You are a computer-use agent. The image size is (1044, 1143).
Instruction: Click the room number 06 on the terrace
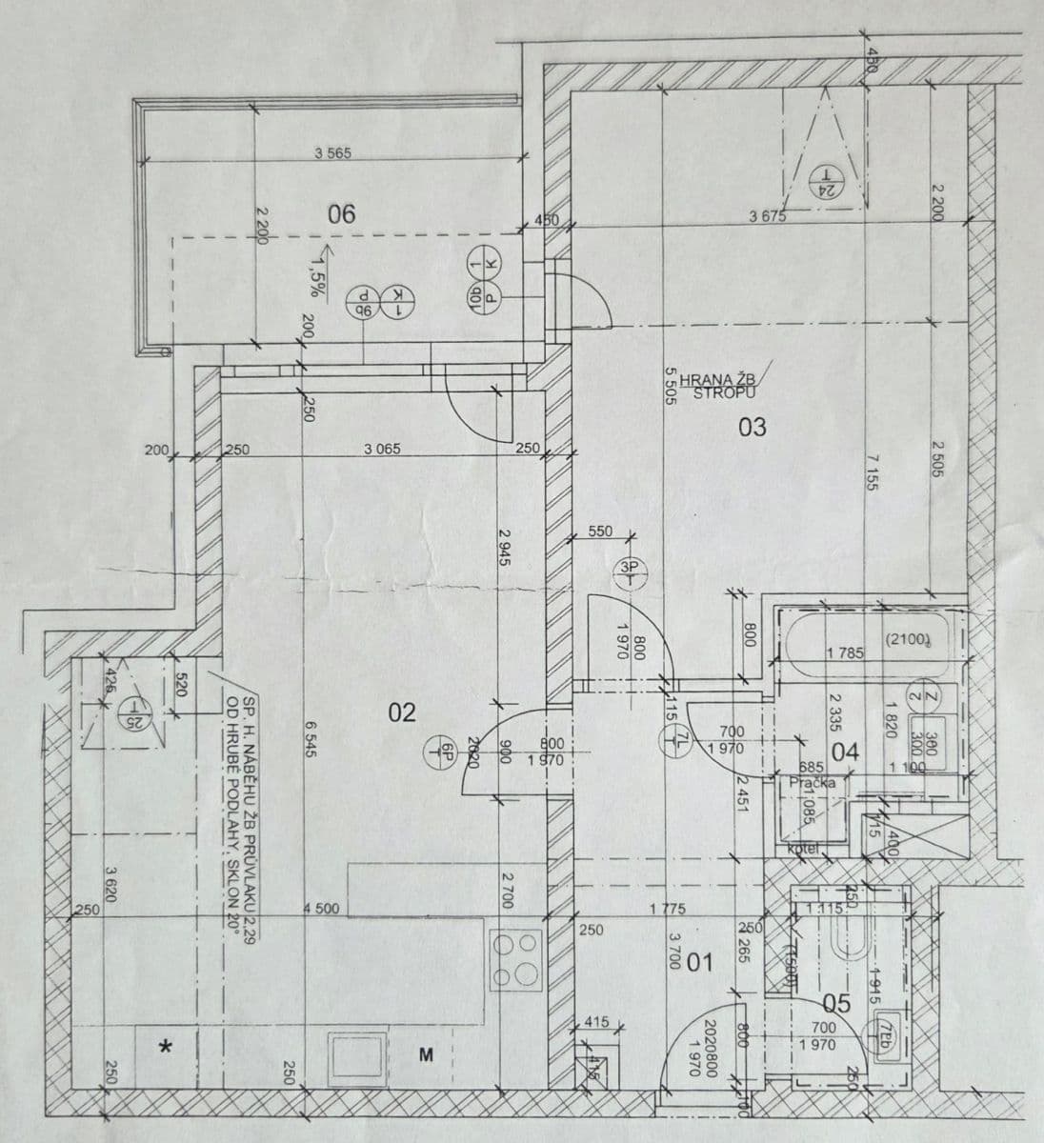(341, 213)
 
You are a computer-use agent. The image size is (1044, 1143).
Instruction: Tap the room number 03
(752, 427)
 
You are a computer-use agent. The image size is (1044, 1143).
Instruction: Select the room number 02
(403, 712)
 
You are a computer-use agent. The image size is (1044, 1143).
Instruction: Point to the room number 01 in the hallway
(699, 963)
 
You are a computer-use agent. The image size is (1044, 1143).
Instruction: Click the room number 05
(835, 1003)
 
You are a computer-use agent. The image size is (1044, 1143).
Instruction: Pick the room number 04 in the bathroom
(845, 752)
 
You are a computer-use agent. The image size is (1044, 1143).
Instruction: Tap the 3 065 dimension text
(382, 450)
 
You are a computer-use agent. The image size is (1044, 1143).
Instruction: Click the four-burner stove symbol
(515, 959)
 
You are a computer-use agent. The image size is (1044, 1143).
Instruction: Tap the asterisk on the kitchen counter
(166, 1049)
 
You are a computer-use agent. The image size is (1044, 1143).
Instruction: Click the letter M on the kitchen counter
(427, 1054)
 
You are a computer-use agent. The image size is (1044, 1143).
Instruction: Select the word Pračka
(812, 782)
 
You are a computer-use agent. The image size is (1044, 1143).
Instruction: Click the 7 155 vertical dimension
(871, 473)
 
